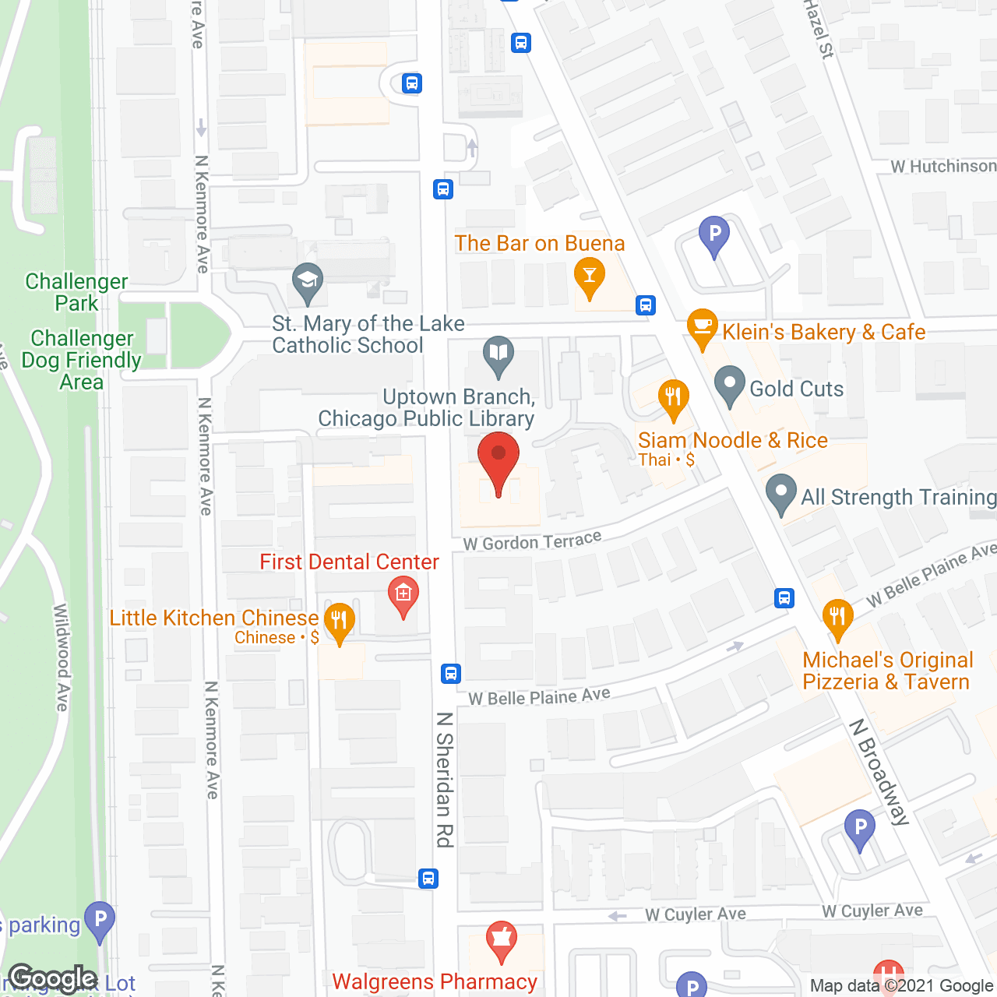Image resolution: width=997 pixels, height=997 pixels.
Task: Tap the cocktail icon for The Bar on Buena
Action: coord(590,277)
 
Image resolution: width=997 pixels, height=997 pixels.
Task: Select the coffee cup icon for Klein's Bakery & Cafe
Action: coord(702,328)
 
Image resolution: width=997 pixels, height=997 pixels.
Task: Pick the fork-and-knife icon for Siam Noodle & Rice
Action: coord(673,398)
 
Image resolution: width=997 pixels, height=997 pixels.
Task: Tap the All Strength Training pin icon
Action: coord(780,493)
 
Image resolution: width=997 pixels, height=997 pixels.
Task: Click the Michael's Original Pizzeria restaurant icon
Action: coord(837,616)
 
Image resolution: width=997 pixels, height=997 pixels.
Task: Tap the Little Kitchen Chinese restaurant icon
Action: coord(339,622)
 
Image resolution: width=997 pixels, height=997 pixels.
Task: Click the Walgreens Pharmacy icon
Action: coord(502,940)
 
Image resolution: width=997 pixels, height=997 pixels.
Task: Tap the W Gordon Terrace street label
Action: coord(532,541)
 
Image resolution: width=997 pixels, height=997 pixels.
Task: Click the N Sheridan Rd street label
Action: coord(445,779)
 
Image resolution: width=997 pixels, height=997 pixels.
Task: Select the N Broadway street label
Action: coord(879,772)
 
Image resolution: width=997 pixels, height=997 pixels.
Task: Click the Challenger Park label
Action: coord(76,292)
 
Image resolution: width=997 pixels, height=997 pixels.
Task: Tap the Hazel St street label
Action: coord(819,29)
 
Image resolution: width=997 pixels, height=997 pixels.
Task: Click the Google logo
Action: coord(52,978)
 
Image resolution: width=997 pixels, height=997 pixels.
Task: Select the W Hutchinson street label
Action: coord(943,167)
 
